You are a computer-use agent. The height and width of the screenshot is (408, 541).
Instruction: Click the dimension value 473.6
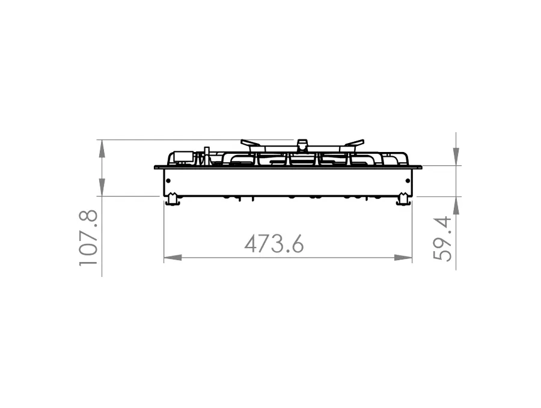click(x=274, y=244)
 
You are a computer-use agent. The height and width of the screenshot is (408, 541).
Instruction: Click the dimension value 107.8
click(x=88, y=238)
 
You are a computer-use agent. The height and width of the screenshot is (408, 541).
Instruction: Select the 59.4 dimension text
click(x=442, y=239)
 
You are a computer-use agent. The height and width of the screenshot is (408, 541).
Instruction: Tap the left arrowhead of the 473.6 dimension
click(x=173, y=258)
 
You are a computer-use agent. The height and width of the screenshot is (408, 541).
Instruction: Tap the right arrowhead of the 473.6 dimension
click(x=403, y=258)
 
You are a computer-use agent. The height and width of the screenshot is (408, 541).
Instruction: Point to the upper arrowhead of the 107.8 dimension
click(x=102, y=149)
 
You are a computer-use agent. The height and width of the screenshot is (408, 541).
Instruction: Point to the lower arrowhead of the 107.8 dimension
click(x=102, y=187)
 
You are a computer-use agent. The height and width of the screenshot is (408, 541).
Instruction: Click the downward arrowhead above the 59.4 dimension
click(x=456, y=157)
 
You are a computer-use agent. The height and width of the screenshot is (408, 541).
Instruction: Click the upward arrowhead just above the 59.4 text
click(x=456, y=206)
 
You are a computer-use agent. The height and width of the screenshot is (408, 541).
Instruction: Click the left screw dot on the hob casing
click(x=168, y=181)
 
